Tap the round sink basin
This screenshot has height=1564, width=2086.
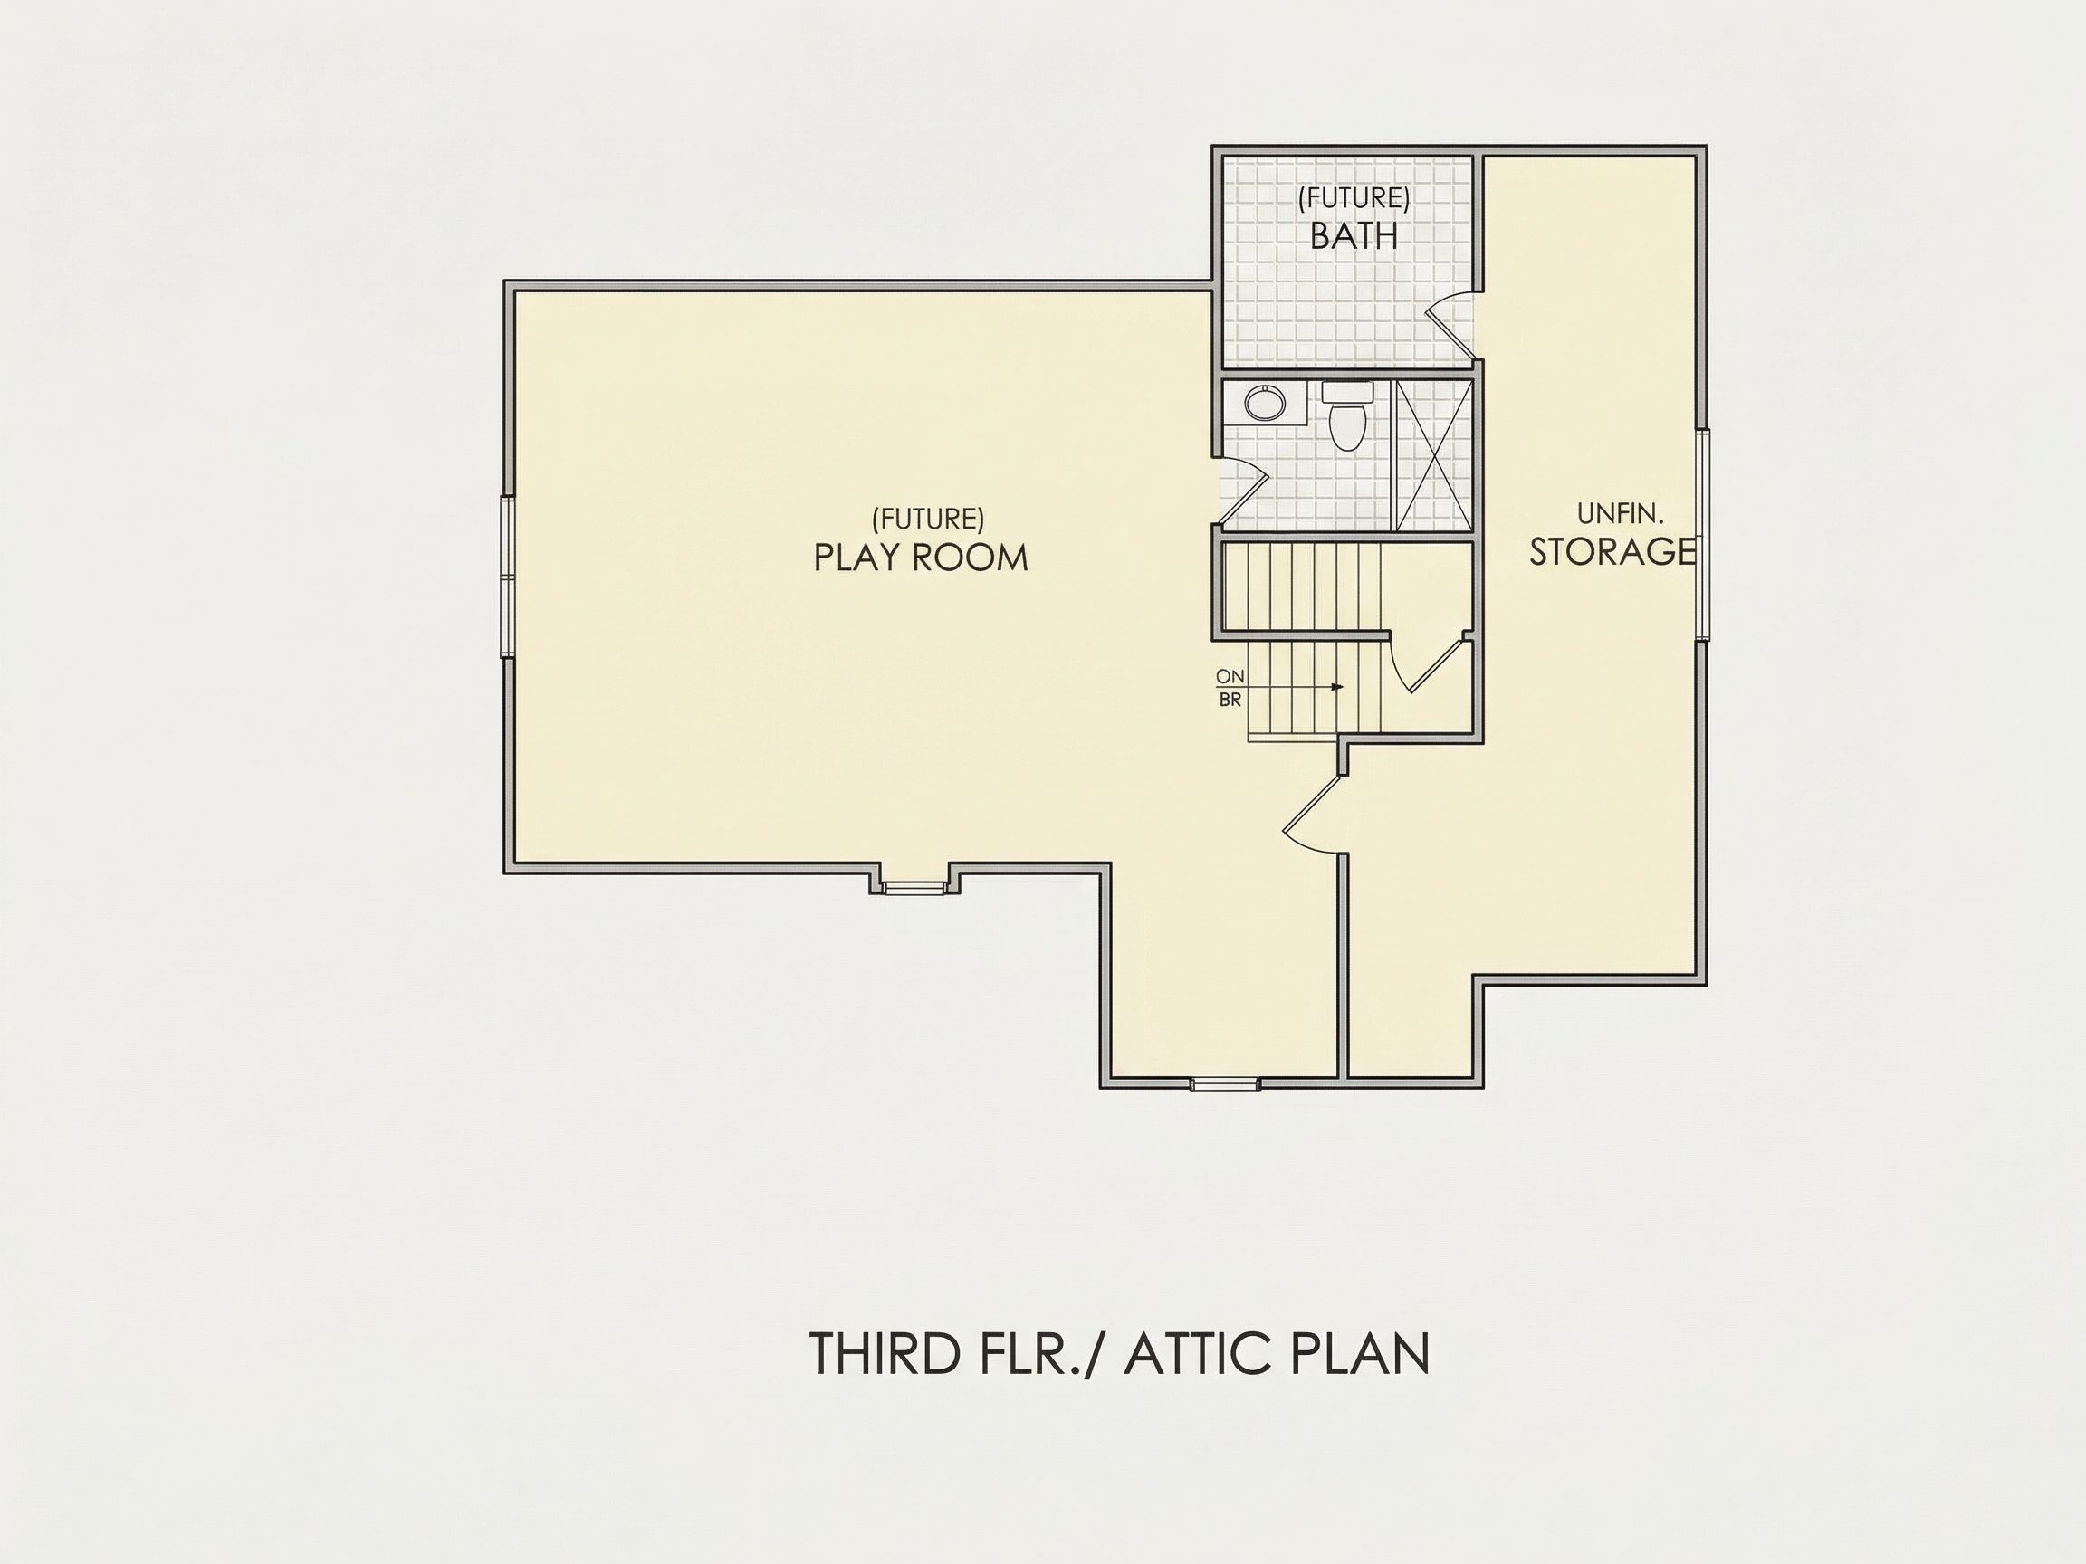click(x=1265, y=404)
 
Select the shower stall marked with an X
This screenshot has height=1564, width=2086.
click(x=1432, y=454)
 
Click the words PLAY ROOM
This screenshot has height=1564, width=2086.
click(x=921, y=558)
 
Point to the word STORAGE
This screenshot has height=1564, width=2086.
click(x=1612, y=551)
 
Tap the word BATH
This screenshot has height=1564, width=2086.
click(x=1354, y=235)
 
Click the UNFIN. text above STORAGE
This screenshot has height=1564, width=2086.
click(x=1620, y=514)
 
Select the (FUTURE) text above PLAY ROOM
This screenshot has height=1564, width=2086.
click(x=928, y=519)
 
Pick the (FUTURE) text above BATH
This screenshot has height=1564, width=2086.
click(x=1354, y=198)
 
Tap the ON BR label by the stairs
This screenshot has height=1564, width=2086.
click(x=1230, y=688)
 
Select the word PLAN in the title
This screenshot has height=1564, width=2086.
click(x=1359, y=1354)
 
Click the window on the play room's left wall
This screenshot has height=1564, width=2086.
click(x=507, y=576)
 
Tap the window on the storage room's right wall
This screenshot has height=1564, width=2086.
click(x=1702, y=535)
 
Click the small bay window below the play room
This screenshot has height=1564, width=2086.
click(x=914, y=886)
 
